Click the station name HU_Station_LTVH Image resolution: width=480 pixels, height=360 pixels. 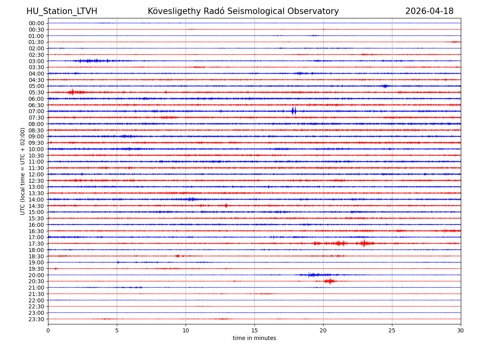click(x=62, y=11)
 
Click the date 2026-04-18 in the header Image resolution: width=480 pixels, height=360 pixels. click(x=429, y=11)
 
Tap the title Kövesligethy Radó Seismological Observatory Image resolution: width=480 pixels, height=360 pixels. click(x=243, y=11)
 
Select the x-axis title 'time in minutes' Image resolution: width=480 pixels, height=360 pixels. click(x=254, y=338)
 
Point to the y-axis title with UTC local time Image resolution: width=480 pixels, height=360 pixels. click(x=23, y=171)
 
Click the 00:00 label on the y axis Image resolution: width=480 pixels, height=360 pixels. click(x=36, y=23)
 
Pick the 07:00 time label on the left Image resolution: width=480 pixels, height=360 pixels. click(x=36, y=111)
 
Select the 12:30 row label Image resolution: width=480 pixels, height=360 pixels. click(x=36, y=181)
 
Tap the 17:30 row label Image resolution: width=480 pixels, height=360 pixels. click(x=36, y=244)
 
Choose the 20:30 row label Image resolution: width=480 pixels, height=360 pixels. click(x=36, y=281)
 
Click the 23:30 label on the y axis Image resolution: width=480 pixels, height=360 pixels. click(x=36, y=319)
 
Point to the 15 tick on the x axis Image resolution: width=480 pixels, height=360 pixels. click(x=254, y=330)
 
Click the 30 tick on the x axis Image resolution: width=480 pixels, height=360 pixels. click(x=461, y=330)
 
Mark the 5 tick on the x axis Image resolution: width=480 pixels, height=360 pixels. click(x=117, y=330)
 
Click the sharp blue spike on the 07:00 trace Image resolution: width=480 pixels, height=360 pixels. click(x=294, y=111)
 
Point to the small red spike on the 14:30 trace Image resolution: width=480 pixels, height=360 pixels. click(x=226, y=206)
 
